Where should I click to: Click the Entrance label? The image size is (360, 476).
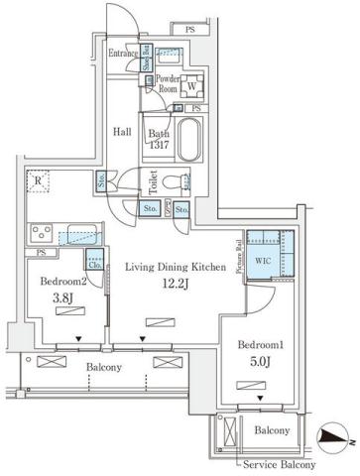(123, 54)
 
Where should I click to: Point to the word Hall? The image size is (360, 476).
(122, 130)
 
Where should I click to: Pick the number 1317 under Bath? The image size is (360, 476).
(159, 144)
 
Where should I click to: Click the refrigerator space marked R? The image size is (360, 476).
(37, 182)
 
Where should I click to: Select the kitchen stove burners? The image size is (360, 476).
(42, 234)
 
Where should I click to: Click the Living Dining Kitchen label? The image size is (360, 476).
(175, 267)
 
